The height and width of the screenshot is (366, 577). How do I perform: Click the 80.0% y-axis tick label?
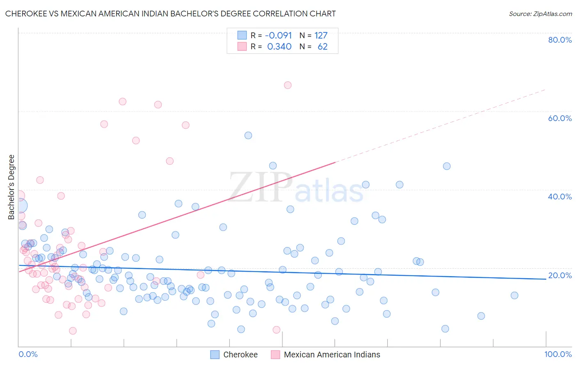tap(559, 40)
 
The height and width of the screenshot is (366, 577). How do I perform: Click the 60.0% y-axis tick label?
tap(559, 118)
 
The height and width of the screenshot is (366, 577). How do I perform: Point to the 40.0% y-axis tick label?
tap(559, 197)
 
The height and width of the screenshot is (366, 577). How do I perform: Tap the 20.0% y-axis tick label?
tap(559, 275)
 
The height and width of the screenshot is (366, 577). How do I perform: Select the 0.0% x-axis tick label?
tap(28, 354)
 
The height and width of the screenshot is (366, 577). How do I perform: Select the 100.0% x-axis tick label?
tap(558, 354)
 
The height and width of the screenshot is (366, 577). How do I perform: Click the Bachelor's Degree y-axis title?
tap(11, 187)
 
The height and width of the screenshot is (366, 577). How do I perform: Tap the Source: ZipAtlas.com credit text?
tap(540, 14)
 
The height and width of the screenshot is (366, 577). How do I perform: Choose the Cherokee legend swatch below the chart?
tap(215, 355)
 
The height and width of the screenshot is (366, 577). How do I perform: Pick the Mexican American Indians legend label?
tap(332, 355)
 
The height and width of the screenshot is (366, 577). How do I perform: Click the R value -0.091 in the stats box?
tap(278, 36)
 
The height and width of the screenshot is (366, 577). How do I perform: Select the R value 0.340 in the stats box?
tap(279, 47)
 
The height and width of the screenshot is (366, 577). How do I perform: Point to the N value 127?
tap(321, 36)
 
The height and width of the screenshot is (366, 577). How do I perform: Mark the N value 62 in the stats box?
tap(323, 47)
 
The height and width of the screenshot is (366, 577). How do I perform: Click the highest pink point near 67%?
tap(288, 85)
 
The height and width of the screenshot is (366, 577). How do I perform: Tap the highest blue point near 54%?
tap(248, 135)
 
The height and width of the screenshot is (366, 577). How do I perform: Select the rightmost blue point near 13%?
tap(514, 295)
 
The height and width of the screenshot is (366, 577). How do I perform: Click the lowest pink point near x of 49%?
tap(277, 330)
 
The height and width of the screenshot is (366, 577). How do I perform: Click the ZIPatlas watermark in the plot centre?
tap(296, 188)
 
